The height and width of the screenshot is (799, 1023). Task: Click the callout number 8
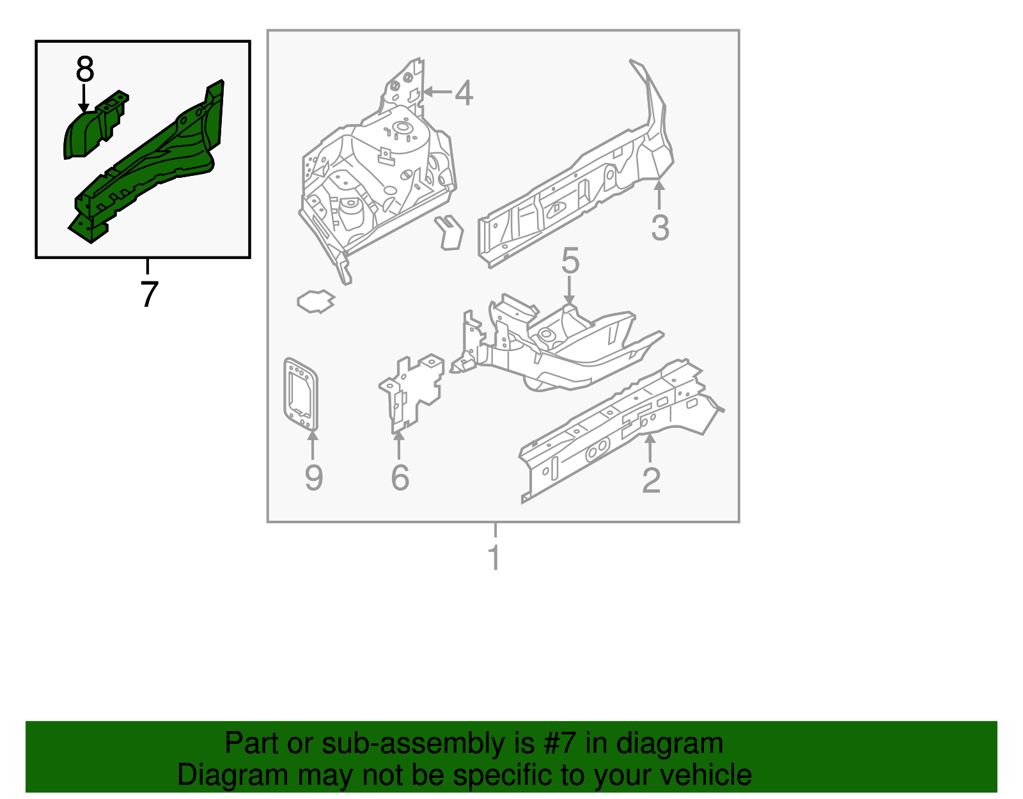click(x=84, y=69)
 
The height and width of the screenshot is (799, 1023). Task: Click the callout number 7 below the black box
click(x=148, y=294)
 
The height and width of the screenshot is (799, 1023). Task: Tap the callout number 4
click(x=464, y=93)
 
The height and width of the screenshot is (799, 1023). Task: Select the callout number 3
click(x=660, y=228)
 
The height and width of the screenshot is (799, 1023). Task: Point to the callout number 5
click(x=570, y=262)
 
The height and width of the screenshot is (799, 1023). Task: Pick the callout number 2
click(x=651, y=480)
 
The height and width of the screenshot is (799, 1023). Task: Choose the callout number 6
click(x=400, y=478)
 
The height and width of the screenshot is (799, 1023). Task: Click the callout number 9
click(x=313, y=478)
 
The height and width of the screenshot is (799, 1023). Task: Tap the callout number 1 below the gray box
click(x=494, y=558)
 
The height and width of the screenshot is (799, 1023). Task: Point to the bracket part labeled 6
click(x=412, y=390)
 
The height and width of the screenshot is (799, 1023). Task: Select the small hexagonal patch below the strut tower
click(x=316, y=301)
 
